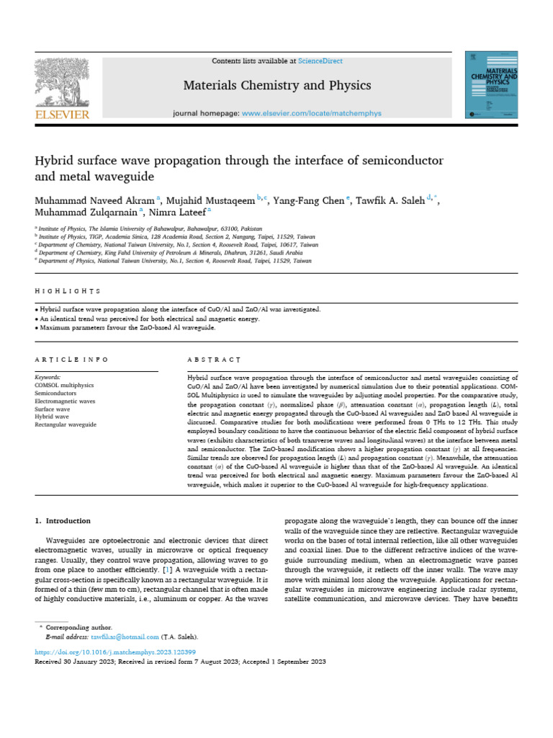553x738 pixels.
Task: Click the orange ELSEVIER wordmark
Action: [62, 115]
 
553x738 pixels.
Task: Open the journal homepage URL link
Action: [311, 114]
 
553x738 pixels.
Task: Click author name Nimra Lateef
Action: [177, 213]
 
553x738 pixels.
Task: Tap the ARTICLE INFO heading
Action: [72, 359]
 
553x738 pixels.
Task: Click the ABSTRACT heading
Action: [214, 359]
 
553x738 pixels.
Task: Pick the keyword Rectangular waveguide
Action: [66, 425]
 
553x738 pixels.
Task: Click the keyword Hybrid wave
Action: [52, 417]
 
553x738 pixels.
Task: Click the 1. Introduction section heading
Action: [63, 520]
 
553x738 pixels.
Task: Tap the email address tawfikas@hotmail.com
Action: [125, 637]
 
